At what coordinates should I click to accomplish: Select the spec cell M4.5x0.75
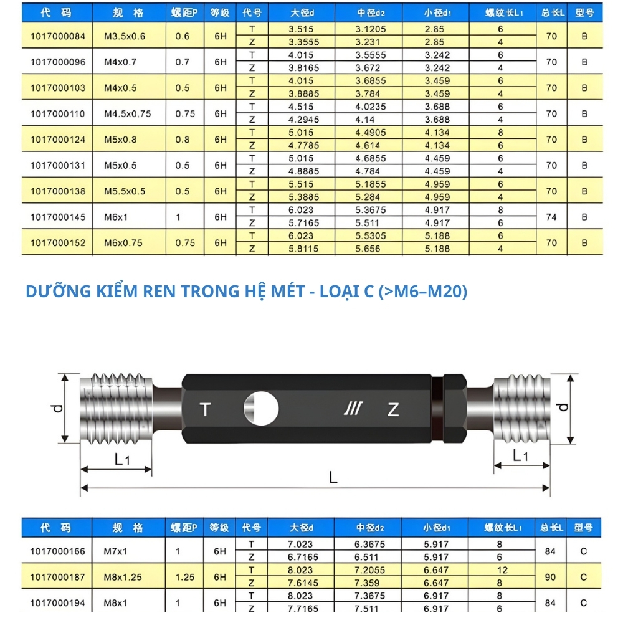(x=126, y=114)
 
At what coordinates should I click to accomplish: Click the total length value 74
(x=551, y=217)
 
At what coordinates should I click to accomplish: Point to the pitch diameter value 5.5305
(x=370, y=236)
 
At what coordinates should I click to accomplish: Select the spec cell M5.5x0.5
(x=124, y=191)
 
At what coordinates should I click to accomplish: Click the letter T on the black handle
(x=206, y=410)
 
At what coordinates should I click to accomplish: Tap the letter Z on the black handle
(x=393, y=410)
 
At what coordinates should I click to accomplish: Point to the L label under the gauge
(x=333, y=478)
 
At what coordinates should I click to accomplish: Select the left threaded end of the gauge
(x=117, y=407)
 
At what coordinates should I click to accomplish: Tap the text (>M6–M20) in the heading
(x=422, y=291)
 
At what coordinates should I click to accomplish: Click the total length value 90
(x=551, y=577)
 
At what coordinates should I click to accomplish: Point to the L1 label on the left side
(x=122, y=459)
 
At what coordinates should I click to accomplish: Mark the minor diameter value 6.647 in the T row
(x=437, y=570)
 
